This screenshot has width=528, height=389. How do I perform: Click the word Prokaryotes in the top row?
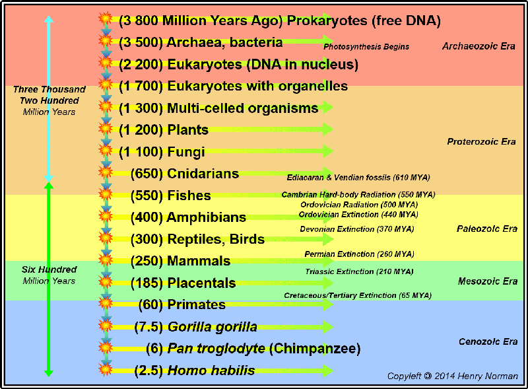(327, 21)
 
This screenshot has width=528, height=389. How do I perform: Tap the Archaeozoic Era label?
(478, 46)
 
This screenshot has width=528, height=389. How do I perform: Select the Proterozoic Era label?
(481, 141)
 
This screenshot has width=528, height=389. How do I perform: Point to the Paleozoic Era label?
(487, 229)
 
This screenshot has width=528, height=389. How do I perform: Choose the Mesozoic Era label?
(488, 281)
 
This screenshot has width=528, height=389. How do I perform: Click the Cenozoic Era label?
(488, 342)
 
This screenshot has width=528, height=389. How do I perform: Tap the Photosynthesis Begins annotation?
(366, 47)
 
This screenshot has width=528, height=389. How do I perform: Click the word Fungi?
(186, 153)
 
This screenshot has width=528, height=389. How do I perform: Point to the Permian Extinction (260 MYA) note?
(359, 254)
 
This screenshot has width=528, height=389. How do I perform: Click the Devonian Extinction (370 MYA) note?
(357, 229)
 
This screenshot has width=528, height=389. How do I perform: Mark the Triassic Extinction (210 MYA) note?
(359, 271)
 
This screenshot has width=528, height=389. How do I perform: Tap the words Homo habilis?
(211, 371)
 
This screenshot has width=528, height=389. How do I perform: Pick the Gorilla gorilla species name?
(213, 327)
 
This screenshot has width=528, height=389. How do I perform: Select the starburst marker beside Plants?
(106, 128)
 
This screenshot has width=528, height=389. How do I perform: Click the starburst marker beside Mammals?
(106, 260)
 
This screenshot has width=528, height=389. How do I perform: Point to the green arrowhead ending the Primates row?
(328, 304)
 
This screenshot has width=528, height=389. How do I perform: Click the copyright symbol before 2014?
(428, 376)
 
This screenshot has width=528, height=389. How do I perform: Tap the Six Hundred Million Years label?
(49, 275)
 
